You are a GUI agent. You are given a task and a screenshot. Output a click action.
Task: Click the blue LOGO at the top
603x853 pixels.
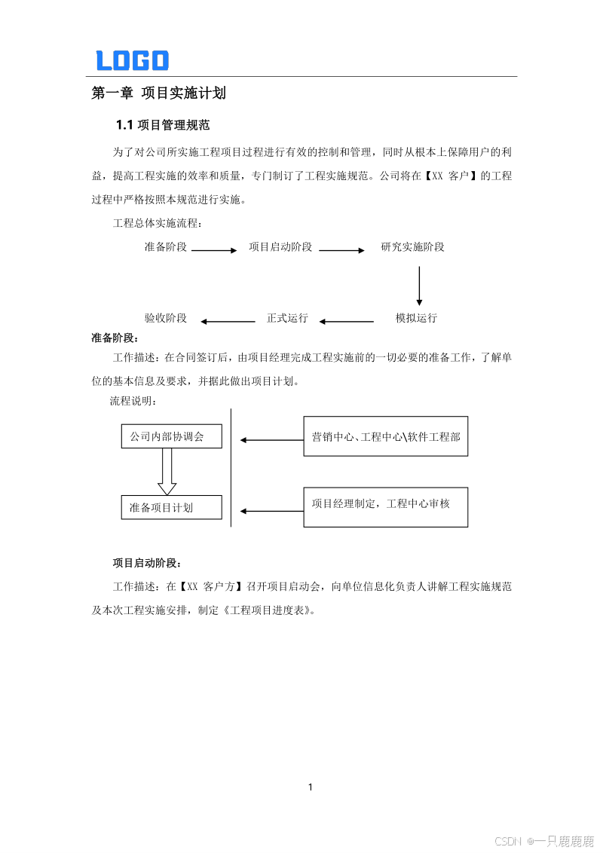[132, 60]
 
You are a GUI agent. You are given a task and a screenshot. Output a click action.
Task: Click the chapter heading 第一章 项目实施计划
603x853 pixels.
[158, 93]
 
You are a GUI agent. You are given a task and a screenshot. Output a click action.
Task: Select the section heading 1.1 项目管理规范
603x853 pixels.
[162, 124]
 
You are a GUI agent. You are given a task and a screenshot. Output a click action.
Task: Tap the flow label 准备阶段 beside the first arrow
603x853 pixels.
[166, 247]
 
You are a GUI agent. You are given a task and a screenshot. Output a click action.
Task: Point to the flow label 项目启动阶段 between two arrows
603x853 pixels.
[280, 247]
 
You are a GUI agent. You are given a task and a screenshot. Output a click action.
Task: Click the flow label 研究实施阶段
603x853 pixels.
[412, 247]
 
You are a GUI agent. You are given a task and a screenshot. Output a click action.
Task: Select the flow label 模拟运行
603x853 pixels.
[416, 318]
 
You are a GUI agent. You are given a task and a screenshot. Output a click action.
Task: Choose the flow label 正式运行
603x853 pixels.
[287, 318]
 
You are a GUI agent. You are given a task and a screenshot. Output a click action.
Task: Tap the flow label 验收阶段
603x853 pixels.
[166, 318]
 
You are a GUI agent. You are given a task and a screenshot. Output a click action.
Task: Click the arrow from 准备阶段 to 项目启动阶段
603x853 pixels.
[214, 250]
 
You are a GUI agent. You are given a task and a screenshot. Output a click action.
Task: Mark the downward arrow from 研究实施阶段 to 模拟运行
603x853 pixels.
[419, 284]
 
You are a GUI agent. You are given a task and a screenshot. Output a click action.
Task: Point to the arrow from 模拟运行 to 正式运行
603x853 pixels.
[346, 322]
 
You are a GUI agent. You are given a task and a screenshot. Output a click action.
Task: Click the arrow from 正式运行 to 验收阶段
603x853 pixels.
[228, 322]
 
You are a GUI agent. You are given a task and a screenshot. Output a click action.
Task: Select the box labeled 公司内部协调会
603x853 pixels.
[172, 437]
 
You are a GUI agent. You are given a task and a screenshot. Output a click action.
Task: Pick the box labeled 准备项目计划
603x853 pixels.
[172, 507]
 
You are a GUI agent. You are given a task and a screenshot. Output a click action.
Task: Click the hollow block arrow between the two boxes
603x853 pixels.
[167, 472]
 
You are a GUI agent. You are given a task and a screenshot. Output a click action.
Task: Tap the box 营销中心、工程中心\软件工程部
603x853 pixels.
[385, 436]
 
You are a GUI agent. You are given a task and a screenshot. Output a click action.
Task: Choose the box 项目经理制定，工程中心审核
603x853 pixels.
[385, 507]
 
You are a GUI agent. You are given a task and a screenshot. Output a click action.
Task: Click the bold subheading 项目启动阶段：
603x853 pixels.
[147, 563]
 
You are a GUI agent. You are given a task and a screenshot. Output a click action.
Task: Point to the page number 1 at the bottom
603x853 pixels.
[310, 787]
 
